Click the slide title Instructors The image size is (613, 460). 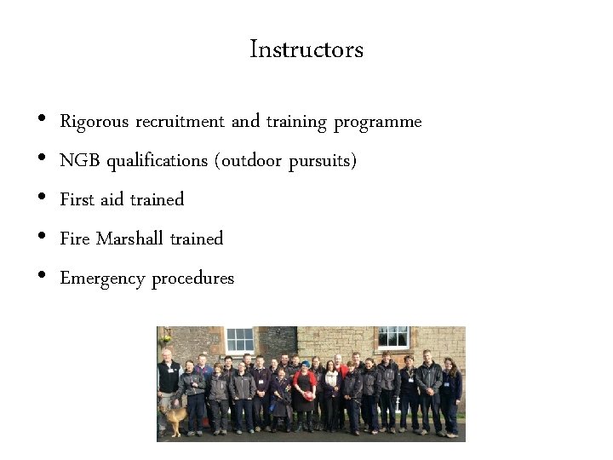pos(306,49)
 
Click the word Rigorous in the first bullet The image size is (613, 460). pos(94,122)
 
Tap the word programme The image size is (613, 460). pos(377,122)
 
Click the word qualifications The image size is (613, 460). pos(160,161)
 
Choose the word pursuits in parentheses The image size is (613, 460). pos(321,161)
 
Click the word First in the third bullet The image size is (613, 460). pos(77,199)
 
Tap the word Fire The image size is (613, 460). pos(75,239)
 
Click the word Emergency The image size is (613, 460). pos(102,279)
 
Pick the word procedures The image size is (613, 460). pos(192,279)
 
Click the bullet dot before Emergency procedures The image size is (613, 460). pos(42,278)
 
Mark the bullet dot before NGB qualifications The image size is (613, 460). pos(42,160)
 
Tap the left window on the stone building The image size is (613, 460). pos(239,339)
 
